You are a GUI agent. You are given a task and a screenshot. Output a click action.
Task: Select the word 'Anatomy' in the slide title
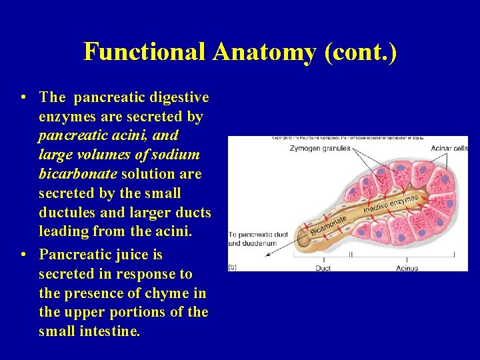point(264,51)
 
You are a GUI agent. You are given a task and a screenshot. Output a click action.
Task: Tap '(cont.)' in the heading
point(360,51)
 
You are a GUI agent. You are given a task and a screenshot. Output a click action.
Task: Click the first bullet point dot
point(23,97)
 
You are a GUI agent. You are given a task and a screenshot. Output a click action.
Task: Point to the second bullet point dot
point(23,255)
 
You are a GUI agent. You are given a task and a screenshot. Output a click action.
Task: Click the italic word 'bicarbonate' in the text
point(77,174)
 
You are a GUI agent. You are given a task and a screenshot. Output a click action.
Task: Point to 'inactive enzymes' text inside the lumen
point(391,204)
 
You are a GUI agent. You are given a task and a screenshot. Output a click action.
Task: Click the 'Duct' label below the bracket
point(323,268)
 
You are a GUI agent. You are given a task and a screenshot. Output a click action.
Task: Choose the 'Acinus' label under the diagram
point(407,268)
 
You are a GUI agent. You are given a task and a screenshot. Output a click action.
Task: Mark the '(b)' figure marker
point(233,266)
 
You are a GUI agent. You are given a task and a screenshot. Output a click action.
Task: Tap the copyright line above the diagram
point(347,138)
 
